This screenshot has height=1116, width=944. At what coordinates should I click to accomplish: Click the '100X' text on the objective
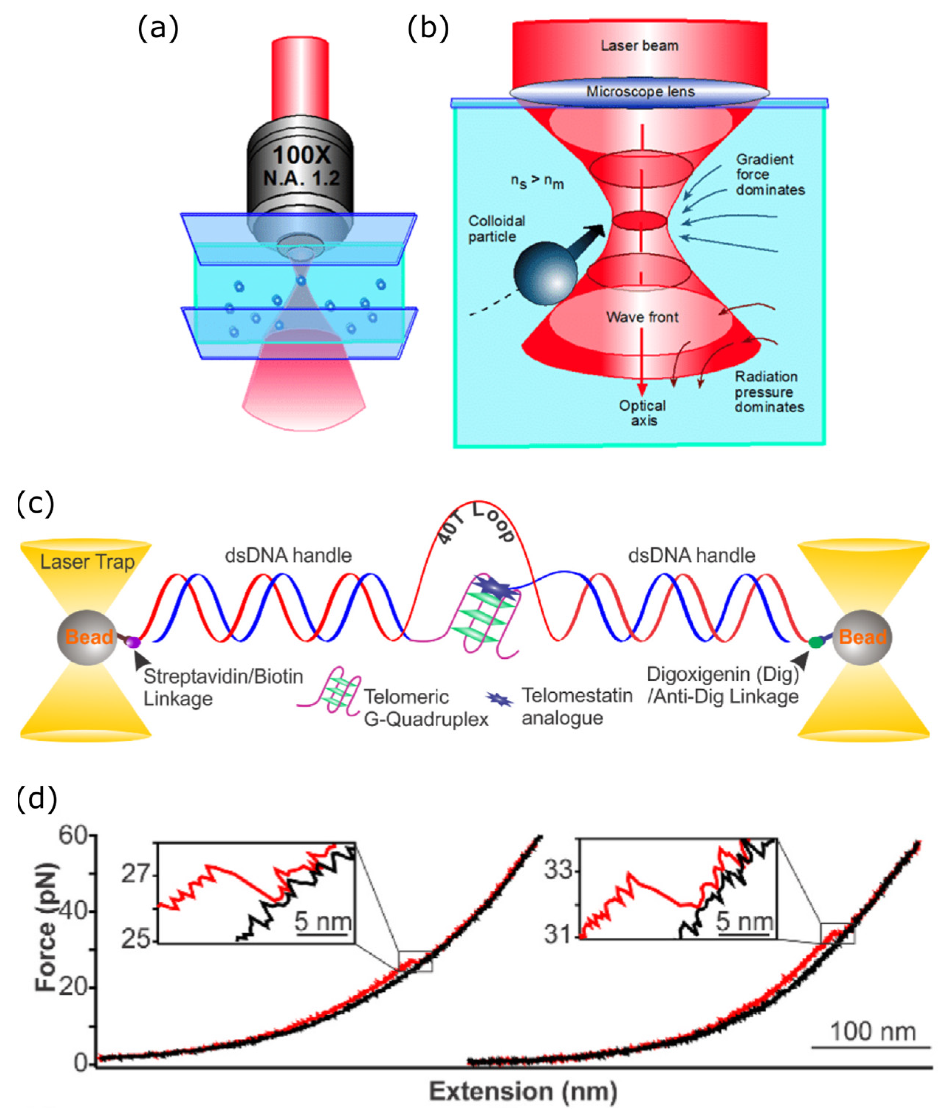(x=301, y=155)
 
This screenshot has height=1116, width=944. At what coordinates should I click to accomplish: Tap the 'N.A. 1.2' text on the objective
(x=301, y=178)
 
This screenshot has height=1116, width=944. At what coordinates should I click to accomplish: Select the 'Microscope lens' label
(x=640, y=92)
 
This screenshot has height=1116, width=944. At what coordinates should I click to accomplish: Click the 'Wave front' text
(x=642, y=317)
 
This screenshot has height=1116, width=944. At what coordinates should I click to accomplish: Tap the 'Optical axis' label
(x=643, y=413)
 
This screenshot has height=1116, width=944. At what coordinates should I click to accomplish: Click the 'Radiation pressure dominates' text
(x=769, y=392)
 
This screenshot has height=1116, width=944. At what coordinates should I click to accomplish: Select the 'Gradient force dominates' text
(x=769, y=175)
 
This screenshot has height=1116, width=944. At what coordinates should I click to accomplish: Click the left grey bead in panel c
(x=87, y=637)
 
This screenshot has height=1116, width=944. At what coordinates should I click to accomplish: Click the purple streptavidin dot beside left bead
(x=133, y=642)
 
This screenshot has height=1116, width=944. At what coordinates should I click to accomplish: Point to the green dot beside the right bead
(x=816, y=642)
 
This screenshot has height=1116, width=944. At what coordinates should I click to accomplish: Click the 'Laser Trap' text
(x=87, y=562)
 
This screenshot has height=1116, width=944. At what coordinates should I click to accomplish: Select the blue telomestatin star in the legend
(x=500, y=699)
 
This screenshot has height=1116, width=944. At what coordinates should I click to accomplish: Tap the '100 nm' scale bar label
(x=873, y=1031)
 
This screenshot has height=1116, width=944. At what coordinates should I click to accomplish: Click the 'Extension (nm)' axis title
(x=523, y=1092)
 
